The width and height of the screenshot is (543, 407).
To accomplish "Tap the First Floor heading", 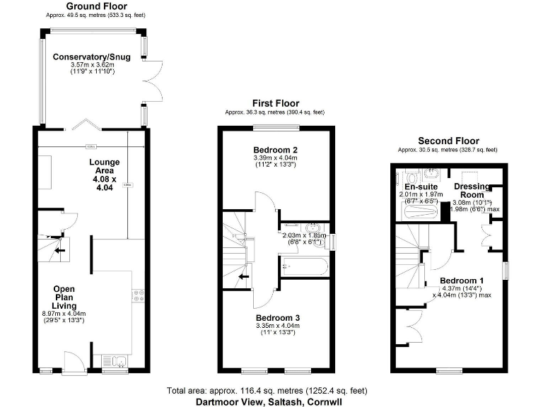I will point(276,103).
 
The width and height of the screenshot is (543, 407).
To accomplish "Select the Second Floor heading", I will point(448,141).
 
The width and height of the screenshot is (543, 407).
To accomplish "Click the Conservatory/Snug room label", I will point(93,57).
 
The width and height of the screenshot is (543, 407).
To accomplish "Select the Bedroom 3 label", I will point(278,319).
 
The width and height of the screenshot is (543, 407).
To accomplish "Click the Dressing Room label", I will point(472,191).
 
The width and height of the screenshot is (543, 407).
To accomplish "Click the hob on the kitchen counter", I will point(139,295).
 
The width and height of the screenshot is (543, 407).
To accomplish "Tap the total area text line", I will point(267,391).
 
